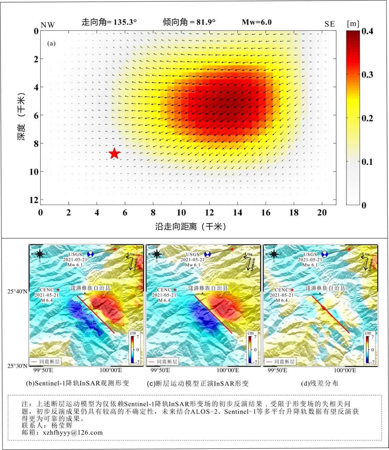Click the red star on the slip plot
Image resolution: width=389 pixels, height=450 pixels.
pyautogui.click(x=114, y=153)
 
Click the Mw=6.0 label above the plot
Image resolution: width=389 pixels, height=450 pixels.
pyautogui.click(x=256, y=22)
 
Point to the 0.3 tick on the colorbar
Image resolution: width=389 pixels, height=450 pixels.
pyautogui.click(x=367, y=75)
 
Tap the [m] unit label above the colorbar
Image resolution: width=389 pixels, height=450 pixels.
pyautogui.click(x=353, y=24)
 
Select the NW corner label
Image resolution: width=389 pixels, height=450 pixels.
pyautogui.click(x=48, y=25)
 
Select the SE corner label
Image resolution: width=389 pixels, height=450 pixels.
pyautogui.click(x=330, y=24)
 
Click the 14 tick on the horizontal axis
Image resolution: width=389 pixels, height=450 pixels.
pyautogui.click(x=237, y=212)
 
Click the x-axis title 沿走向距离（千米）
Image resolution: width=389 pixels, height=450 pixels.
pyautogui.click(x=190, y=227)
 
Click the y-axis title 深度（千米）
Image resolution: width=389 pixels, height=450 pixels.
pyautogui.click(x=21, y=117)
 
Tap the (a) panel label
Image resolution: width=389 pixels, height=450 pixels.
pyautogui.click(x=51, y=43)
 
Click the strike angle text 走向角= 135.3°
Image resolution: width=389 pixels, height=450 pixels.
pyautogui.click(x=109, y=22)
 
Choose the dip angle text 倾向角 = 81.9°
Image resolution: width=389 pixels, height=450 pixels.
pyautogui.click(x=189, y=22)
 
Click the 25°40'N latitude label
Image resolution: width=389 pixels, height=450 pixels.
pyautogui.click(x=17, y=292)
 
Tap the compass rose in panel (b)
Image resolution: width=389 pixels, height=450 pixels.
pyautogui.click(x=40, y=254)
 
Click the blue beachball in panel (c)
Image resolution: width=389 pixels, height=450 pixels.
pyautogui.click(x=207, y=254)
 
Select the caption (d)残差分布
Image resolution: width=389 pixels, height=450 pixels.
pyautogui.click(x=320, y=383)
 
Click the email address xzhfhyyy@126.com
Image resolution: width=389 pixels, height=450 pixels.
pyautogui.click(x=73, y=432)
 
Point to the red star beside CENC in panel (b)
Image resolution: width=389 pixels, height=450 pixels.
pyautogui.click(x=58, y=290)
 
